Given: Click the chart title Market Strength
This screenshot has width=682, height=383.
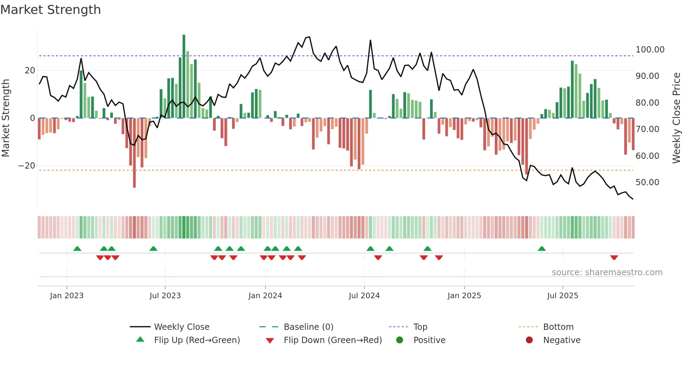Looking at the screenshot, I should [50, 10].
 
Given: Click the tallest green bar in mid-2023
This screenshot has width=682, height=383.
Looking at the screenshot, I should [184, 76].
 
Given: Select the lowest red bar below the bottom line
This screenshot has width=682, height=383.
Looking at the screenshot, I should [134, 153].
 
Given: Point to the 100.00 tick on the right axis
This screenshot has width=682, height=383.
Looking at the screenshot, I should [650, 50].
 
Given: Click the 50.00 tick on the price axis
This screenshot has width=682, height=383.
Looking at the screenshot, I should [647, 182].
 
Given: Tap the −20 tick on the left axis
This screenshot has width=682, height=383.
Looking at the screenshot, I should [27, 166].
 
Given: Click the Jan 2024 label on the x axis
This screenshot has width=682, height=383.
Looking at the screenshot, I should [265, 296].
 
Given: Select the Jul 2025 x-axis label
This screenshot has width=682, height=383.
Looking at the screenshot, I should [562, 296].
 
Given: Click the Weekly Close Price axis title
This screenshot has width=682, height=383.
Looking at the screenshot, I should [676, 118].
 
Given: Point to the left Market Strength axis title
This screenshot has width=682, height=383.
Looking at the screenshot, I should [6, 118].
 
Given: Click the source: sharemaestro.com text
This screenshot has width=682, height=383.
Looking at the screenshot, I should [607, 272].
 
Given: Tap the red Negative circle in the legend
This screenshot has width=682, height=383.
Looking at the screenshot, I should [529, 340].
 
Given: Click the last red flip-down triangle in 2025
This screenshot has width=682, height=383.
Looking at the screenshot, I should [614, 258].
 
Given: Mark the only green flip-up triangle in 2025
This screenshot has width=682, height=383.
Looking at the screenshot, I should [542, 248].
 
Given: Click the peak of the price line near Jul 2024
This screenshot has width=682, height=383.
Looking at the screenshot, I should [370, 40].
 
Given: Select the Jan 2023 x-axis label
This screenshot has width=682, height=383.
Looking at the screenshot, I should [67, 296].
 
